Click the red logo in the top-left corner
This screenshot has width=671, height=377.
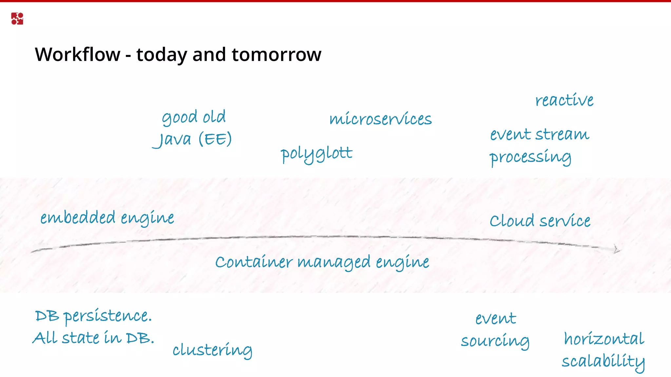coord(17,19)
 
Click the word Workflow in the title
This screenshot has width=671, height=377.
coord(78,54)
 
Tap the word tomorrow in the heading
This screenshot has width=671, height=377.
coord(277,54)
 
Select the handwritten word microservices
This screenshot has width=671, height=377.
coord(380,119)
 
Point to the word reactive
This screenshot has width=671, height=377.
coord(564,100)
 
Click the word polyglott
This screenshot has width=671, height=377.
coord(316,154)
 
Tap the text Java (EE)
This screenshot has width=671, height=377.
coord(193,139)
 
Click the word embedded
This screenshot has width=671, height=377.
coord(78,218)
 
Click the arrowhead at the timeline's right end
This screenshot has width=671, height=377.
coord(616,250)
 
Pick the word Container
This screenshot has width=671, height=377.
coord(254,262)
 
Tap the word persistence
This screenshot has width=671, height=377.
coord(107,316)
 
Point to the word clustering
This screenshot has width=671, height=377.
coord(212,350)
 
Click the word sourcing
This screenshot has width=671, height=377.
coord(495,341)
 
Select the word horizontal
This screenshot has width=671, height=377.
coord(604,339)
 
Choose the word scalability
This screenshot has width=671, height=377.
coord(603,362)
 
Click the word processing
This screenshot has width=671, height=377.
coord(530,157)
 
